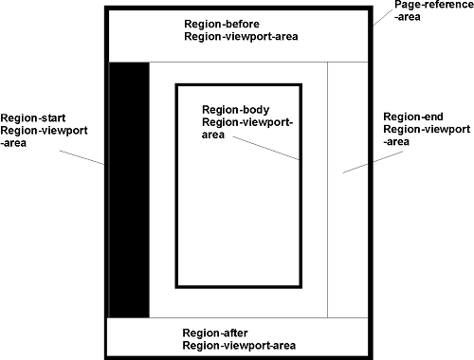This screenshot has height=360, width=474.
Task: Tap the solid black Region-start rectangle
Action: pyautogui.click(x=129, y=189)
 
